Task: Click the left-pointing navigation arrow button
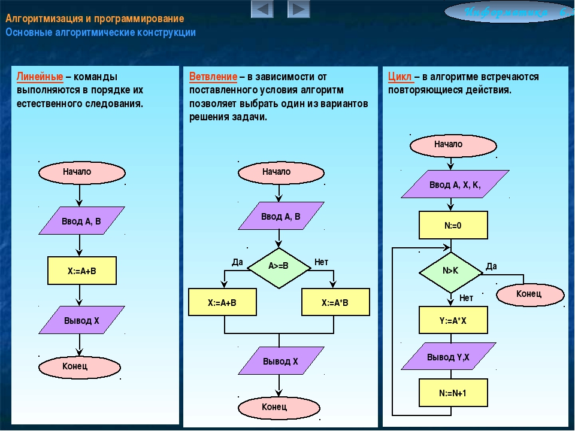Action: coord(262,9)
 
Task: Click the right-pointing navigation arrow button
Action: coord(298,9)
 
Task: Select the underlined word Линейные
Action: coord(40,77)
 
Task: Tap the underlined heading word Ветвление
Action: coord(213,77)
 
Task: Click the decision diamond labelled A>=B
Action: coord(279,266)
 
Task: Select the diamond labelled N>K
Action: coord(450,271)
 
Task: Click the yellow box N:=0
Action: coord(453,226)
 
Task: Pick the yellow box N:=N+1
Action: coord(453,393)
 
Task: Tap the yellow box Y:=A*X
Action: coord(453,321)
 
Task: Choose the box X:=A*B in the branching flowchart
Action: coord(335,303)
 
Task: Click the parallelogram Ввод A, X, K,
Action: coord(455,185)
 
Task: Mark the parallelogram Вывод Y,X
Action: coord(448,357)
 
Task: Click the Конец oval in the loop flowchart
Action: coord(529,293)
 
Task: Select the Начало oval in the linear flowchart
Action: coord(81,172)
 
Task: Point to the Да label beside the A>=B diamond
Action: coord(238,262)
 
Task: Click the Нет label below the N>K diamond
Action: coord(466,298)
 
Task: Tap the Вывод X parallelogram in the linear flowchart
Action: coord(81,320)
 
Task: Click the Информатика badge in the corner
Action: coord(509,11)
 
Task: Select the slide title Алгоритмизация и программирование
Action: coord(95,19)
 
